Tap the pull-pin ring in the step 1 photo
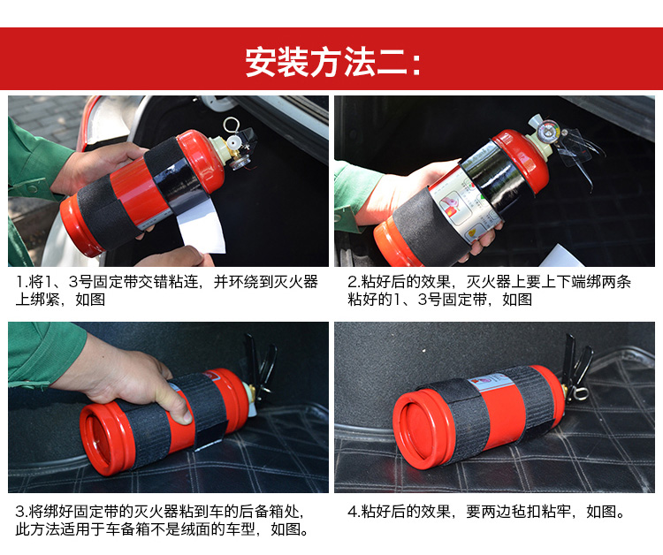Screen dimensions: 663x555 232,125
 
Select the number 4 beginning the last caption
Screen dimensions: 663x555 352,512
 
